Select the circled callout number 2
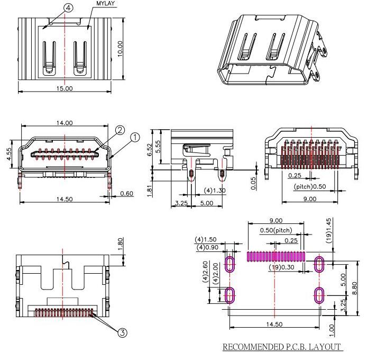tap(120, 130)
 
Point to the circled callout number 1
tap(135, 138)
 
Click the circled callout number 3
tap(122, 332)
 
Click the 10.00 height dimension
tap(120, 49)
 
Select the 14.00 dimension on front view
tap(65, 123)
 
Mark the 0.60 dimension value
tap(127, 194)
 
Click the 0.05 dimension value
tap(254, 183)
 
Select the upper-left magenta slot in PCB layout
tap(231, 264)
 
